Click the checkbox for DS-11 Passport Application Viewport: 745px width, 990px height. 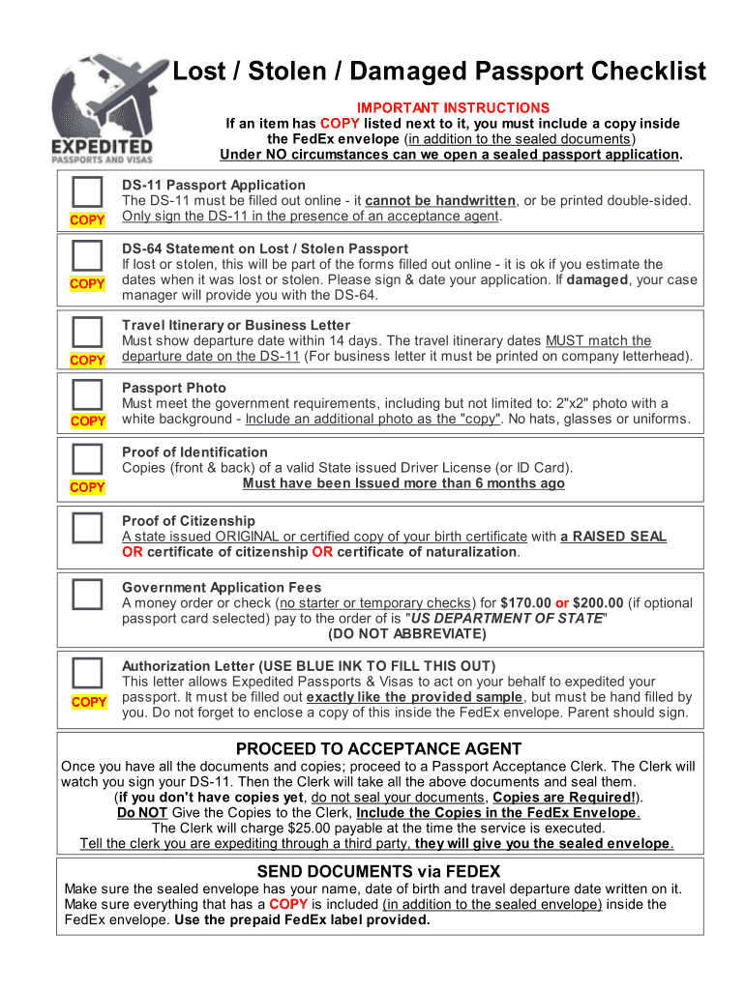click(87, 191)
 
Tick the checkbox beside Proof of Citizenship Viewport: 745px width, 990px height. click(87, 527)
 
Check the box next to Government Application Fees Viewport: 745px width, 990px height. click(87, 594)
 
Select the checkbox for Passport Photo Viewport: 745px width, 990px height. click(87, 393)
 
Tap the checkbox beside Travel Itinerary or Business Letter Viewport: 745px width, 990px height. click(87, 332)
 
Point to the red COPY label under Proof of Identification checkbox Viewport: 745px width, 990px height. click(87, 487)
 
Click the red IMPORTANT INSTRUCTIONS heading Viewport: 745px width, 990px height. click(453, 107)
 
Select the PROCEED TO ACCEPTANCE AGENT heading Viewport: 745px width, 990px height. click(378, 749)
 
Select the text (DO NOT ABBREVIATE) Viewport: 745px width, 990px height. click(406, 634)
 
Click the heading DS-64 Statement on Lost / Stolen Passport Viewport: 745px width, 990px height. click(265, 248)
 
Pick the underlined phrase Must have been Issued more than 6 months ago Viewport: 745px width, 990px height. click(403, 483)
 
